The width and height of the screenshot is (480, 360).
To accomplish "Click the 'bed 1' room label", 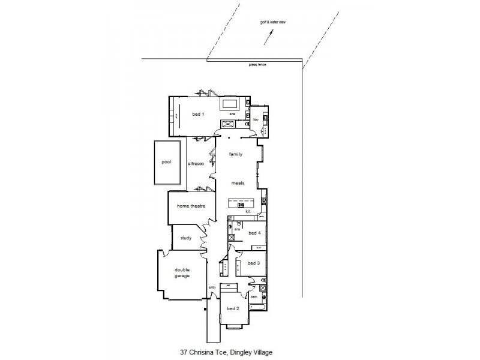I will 198,114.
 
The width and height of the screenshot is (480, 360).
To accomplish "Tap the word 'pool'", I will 166,163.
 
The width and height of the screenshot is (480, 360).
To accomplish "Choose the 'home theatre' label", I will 191,206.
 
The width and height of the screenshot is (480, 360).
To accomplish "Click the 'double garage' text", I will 182,273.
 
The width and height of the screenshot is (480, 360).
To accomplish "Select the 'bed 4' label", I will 254,233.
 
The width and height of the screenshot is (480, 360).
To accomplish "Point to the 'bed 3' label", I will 254,263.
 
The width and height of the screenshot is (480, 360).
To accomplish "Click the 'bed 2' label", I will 233,308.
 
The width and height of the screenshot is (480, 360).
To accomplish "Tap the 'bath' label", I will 254,297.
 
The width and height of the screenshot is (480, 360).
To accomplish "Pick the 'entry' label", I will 212,287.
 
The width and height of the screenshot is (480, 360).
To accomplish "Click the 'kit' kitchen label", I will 247,212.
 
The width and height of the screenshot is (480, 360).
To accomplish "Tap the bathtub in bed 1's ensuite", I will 231,104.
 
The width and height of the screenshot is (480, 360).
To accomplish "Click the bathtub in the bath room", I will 257,308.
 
